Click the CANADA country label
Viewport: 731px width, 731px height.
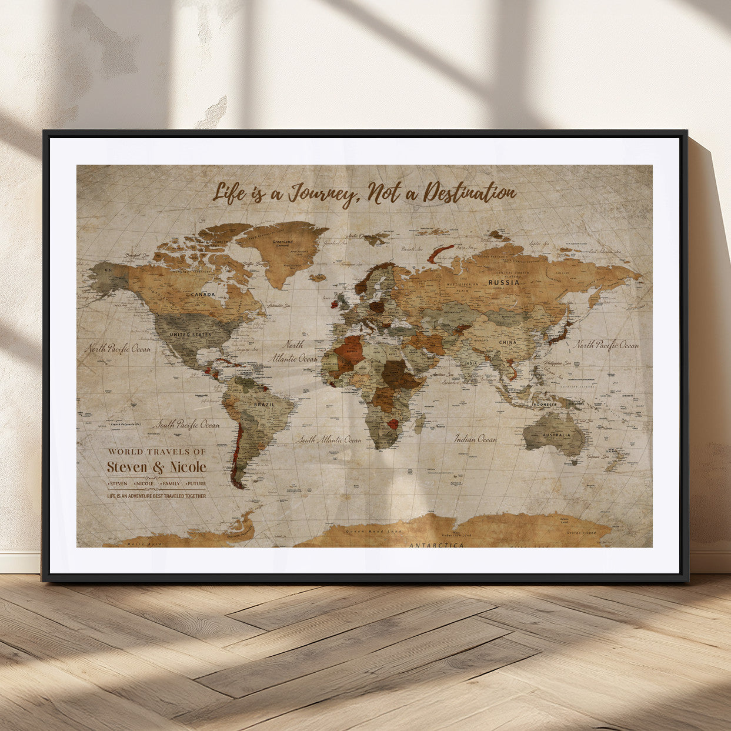[202, 294]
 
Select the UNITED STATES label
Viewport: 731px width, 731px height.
[190, 335]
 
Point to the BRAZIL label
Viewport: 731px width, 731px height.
[263, 405]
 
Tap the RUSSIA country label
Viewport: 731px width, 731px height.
[504, 282]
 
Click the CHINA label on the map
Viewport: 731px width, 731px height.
[507, 342]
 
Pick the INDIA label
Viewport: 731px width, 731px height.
[470, 364]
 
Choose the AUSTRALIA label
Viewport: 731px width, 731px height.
[556, 435]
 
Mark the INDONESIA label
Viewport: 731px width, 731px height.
[544, 405]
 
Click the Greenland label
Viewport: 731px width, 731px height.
[282, 241]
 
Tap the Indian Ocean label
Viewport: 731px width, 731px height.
[475, 439]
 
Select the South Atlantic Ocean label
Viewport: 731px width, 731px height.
[329, 439]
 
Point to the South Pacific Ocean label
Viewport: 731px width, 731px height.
[186, 425]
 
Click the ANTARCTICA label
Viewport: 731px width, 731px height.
[436, 545]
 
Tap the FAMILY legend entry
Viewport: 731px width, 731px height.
[171, 483]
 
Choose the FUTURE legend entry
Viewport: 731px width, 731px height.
[196, 483]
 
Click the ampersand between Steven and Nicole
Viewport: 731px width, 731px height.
[159, 468]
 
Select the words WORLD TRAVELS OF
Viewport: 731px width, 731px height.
[156, 452]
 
